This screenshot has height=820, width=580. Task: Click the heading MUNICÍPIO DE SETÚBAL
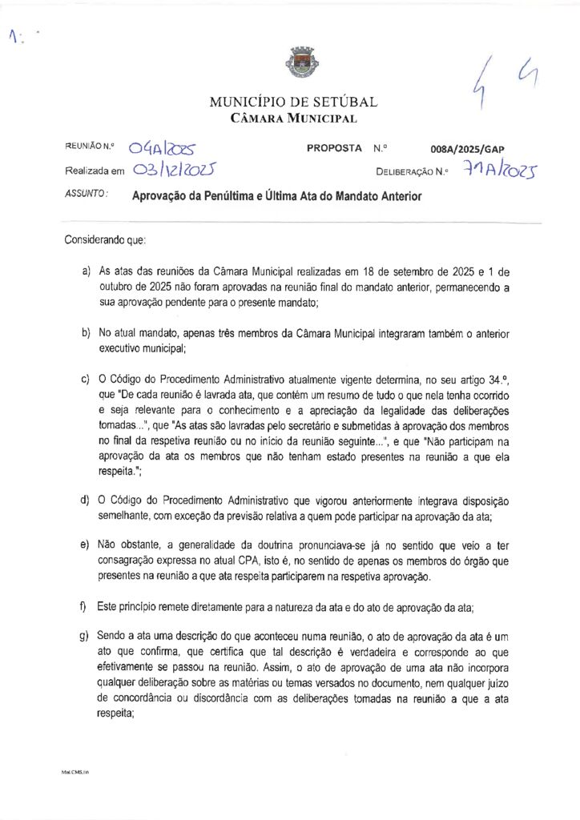pos(292,102)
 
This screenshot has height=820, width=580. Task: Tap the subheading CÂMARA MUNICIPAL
pos(291,119)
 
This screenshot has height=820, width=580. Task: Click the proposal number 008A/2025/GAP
pos(467,149)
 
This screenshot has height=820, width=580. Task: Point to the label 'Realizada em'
pos(95,171)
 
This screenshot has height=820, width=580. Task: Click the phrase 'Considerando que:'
pos(103,239)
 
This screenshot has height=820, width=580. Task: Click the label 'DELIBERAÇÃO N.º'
pos(412,171)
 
